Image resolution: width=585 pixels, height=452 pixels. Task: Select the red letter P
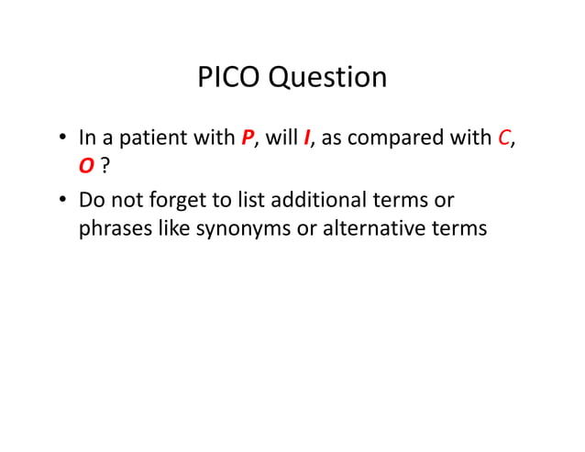[248, 138]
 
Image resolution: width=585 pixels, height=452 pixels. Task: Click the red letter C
[503, 138]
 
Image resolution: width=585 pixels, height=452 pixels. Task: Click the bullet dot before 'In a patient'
[61, 138]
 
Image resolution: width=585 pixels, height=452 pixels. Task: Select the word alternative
[375, 227]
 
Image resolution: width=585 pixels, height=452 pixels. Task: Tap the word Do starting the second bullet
[93, 200]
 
